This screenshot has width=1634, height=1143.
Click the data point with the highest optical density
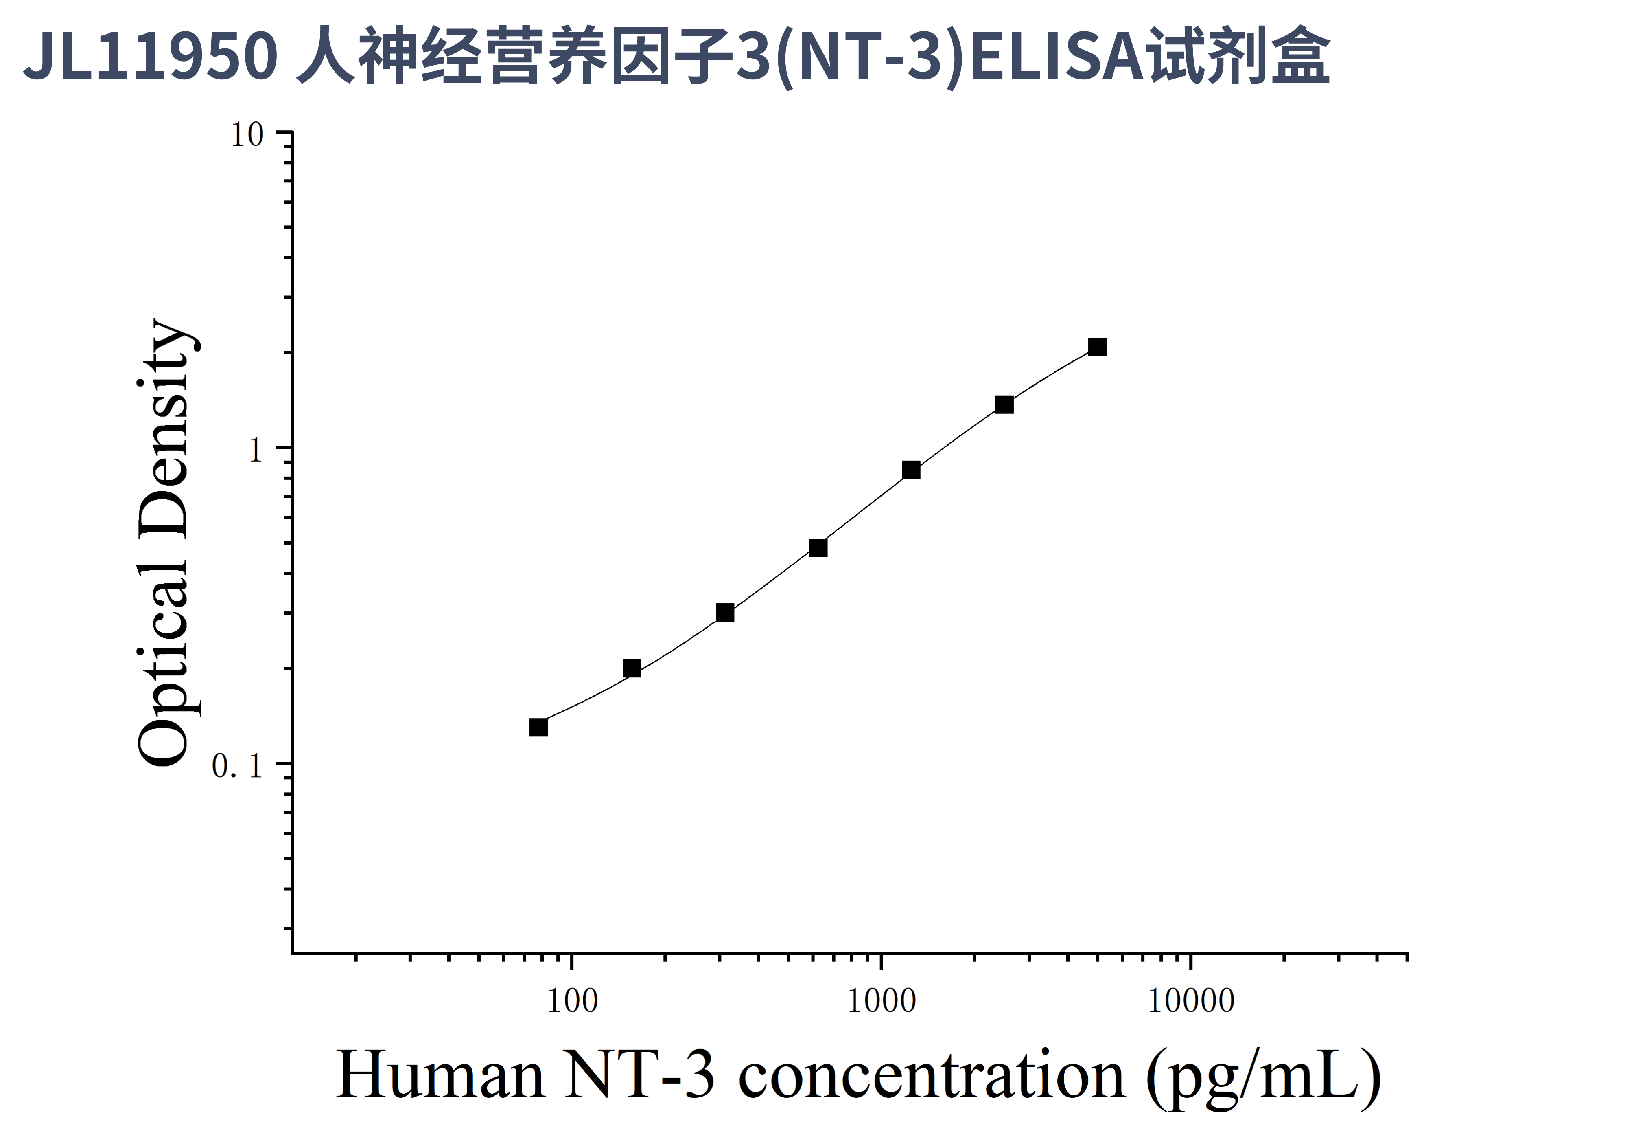(1097, 347)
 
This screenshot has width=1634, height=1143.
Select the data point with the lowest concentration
(539, 727)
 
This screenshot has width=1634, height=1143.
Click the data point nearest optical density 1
(911, 470)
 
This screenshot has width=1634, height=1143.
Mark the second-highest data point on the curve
(1004, 404)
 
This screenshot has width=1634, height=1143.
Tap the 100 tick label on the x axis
(572, 1001)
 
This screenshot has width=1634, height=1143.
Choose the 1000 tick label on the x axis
(882, 1001)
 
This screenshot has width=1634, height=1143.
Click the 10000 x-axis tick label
(1191, 1001)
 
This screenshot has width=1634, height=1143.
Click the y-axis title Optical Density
(164, 543)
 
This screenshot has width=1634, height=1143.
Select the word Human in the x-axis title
(440, 1075)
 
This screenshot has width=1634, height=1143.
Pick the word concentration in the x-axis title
(932, 1075)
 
